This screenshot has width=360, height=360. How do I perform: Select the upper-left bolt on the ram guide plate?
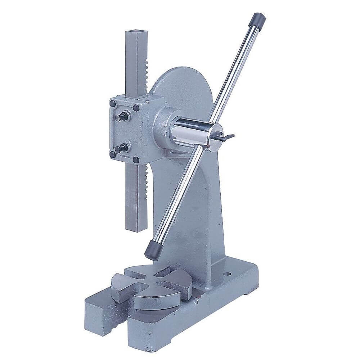click(x=113, y=104)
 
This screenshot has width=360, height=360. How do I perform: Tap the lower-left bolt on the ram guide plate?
click(x=113, y=154)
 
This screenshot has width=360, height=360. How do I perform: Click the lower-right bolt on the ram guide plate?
click(x=136, y=159)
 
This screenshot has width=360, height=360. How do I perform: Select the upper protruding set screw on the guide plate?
click(x=123, y=116)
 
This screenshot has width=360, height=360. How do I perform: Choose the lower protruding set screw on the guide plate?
click(x=122, y=148)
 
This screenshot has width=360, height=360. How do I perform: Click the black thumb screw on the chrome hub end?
click(x=226, y=137)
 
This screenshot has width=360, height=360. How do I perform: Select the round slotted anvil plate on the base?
click(x=158, y=284)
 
